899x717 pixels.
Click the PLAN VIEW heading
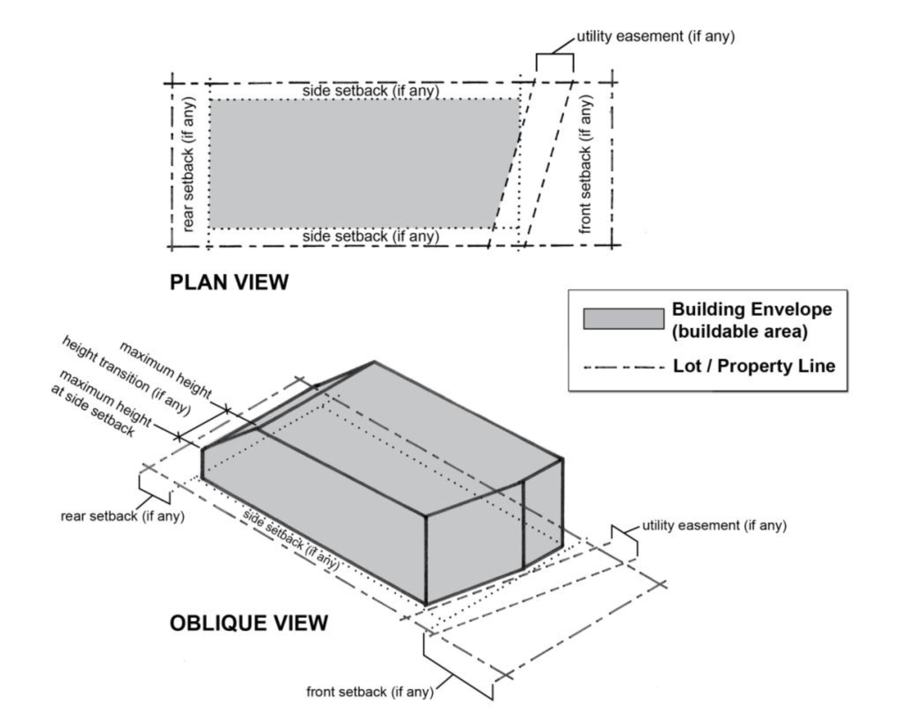point(229,282)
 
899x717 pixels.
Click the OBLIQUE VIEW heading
point(249,623)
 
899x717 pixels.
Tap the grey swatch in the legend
point(623,319)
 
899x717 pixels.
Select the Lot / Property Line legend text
point(754,366)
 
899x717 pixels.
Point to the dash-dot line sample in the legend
point(623,368)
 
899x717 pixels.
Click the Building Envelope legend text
point(752,320)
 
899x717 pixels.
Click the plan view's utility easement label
point(656,36)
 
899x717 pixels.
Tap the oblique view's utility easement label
point(714,525)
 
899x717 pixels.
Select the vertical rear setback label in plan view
point(188,164)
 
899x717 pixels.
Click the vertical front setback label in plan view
point(585,164)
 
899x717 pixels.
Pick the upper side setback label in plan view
point(371,91)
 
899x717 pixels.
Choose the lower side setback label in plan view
point(371,236)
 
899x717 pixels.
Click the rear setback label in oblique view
point(122,516)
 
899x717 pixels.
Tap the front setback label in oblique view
point(369,692)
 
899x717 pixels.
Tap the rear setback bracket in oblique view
point(154,489)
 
